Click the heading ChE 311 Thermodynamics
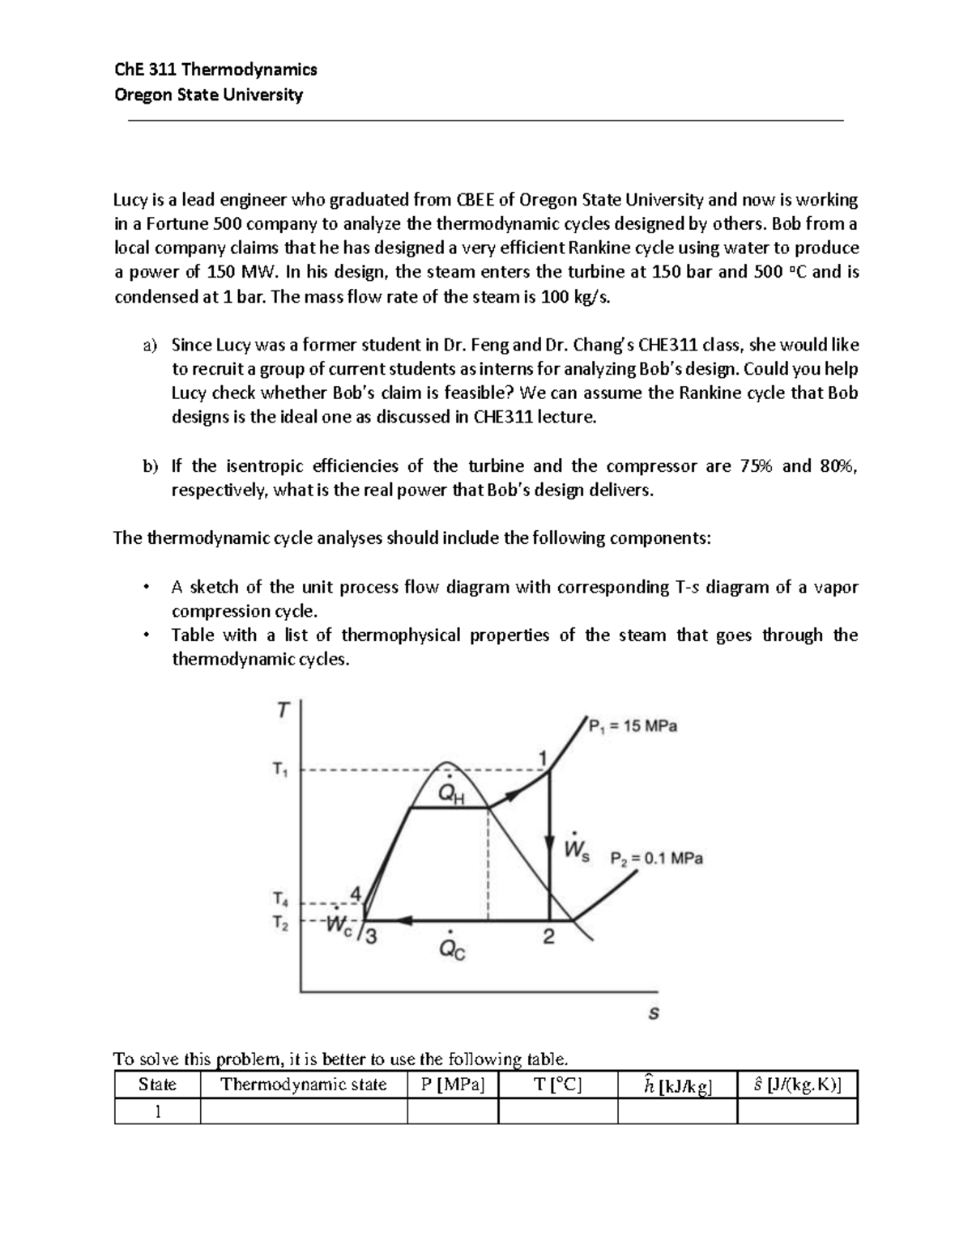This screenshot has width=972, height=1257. [x=215, y=70]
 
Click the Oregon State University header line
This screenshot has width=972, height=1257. [x=208, y=95]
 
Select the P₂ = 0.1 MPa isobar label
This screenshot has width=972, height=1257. [x=656, y=858]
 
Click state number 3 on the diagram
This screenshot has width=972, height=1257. [x=370, y=937]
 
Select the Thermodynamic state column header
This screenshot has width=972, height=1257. [x=304, y=1085]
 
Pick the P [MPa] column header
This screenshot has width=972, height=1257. [x=453, y=1085]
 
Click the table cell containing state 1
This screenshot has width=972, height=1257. [x=157, y=1111]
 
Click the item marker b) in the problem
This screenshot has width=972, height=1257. [x=149, y=466]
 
